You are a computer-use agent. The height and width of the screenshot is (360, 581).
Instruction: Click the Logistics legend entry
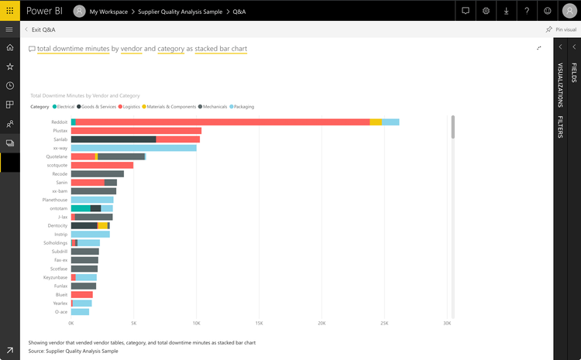tap(130, 106)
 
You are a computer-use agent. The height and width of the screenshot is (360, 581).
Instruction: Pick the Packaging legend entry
tap(241, 106)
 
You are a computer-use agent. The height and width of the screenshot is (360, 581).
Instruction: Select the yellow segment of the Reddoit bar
tap(376, 122)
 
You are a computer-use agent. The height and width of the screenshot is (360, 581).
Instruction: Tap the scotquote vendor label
tap(57, 165)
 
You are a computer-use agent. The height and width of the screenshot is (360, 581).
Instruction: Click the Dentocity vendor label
tap(57, 225)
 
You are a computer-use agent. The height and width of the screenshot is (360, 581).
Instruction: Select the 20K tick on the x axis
tap(321, 323)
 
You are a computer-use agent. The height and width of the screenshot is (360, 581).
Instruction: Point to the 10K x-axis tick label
tap(196, 323)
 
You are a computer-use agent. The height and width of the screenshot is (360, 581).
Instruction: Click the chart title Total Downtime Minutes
tap(84, 95)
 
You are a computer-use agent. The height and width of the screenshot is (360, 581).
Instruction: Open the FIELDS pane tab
tap(573, 74)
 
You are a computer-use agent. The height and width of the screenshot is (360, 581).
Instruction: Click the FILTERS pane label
tap(559, 127)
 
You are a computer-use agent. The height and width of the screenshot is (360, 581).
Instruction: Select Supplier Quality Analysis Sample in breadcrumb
tap(180, 12)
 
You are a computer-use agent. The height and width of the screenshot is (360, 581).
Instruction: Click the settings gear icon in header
tap(486, 11)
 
